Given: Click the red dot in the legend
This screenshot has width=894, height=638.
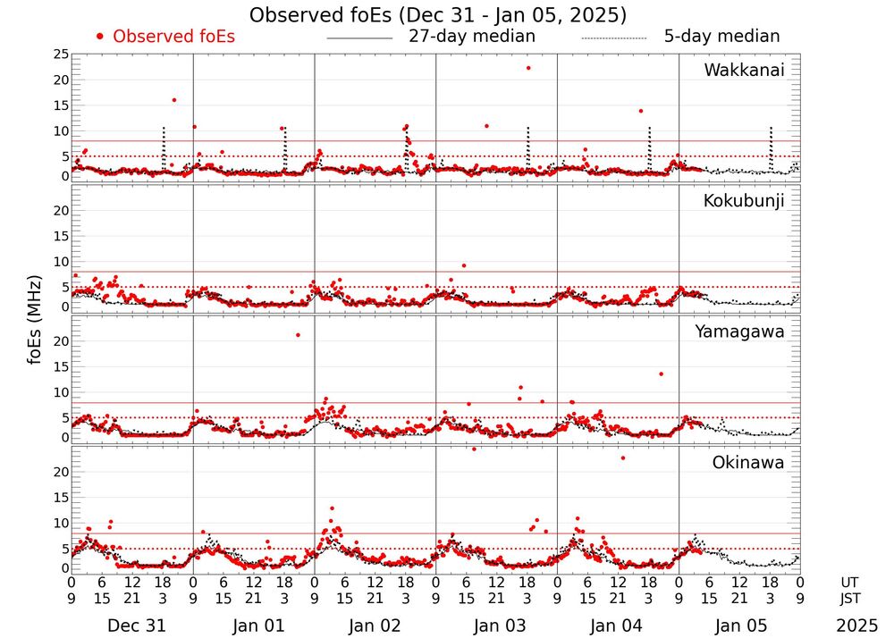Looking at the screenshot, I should click(100, 37).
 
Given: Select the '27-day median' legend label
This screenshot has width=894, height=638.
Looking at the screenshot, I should click(472, 37).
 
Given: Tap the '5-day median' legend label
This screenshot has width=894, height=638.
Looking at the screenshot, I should click(721, 37).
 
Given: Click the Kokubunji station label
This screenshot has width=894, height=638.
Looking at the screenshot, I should click(744, 201).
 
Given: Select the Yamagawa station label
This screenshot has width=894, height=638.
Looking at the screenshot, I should click(740, 332).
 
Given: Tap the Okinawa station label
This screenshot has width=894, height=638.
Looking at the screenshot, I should click(748, 463).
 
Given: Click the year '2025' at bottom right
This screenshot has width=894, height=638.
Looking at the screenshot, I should click(856, 626).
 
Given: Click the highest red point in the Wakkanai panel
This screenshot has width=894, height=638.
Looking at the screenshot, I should click(528, 68).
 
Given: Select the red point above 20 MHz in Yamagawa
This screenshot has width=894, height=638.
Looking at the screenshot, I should click(298, 335).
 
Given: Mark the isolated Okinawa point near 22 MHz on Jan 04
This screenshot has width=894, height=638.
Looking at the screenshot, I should click(623, 458).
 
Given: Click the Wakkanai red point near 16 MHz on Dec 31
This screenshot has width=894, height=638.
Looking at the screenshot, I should click(173, 100).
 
